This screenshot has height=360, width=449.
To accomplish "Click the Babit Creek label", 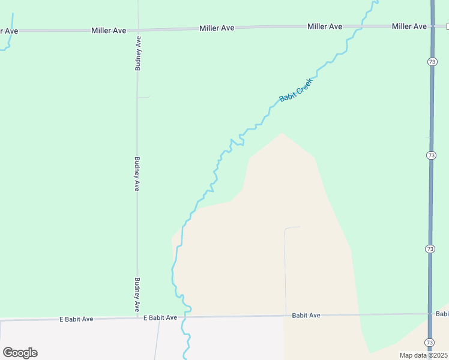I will [x=297, y=89].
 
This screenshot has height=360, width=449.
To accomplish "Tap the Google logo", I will [x=20, y=353].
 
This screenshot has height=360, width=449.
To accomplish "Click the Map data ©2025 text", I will [x=423, y=355].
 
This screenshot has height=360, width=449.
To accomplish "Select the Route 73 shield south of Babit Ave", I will [x=429, y=342].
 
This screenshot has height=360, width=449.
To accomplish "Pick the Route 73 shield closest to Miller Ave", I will [x=432, y=61].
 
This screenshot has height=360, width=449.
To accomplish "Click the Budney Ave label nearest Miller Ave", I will [x=138, y=53].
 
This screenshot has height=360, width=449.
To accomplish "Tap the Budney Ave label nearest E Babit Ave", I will [x=137, y=293].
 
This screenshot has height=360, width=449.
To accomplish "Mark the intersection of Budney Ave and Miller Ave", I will [x=138, y=29].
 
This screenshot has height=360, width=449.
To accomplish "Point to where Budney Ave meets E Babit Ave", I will [x=137, y=318].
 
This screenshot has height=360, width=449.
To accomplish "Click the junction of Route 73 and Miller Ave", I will [x=432, y=26].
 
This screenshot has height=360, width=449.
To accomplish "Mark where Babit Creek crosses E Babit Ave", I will [x=186, y=317].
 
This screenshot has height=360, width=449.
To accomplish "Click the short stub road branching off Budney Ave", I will [x=144, y=97].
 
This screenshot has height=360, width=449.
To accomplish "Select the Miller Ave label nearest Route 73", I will [x=409, y=26].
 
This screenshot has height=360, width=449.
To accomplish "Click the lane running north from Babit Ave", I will [x=285, y=270].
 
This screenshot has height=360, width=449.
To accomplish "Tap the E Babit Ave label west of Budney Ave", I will [x=76, y=319].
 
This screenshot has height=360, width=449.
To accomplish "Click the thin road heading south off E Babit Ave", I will [x=157, y=339].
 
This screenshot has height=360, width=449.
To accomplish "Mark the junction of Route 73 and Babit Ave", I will [x=430, y=314].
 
